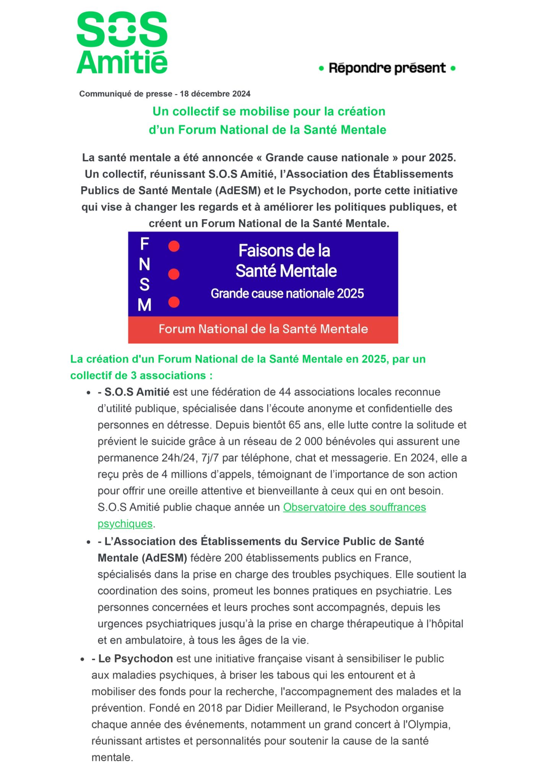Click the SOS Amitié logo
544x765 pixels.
(122, 42)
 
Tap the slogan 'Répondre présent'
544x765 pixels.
(387, 68)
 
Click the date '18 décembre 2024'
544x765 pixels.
(215, 94)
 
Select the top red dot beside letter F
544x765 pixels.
(174, 246)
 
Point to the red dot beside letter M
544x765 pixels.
(174, 302)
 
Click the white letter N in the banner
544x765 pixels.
(145, 264)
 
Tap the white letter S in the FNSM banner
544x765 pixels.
(145, 285)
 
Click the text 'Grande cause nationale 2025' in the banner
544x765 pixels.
(287, 293)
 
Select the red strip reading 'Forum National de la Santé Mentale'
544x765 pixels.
(263, 329)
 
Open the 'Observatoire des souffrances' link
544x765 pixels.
(354, 507)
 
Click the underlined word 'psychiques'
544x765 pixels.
(125, 524)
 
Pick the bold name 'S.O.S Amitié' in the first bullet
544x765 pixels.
(136, 392)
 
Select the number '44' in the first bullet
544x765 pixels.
(285, 392)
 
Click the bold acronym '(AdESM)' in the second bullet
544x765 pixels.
(164, 558)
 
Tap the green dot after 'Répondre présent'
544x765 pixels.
(453, 68)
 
